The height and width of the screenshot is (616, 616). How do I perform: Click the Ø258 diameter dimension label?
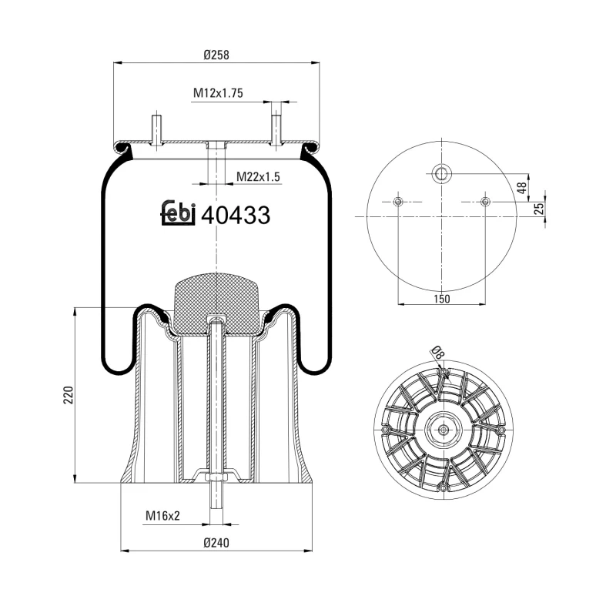tap(217, 55)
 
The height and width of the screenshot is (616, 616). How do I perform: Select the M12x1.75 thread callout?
tap(218, 93)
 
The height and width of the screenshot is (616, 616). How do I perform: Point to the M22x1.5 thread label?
tap(258, 177)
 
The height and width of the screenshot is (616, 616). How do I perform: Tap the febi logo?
tap(178, 213)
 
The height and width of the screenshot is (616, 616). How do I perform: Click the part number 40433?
tap(235, 216)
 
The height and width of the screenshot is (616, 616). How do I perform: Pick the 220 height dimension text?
tap(68, 395)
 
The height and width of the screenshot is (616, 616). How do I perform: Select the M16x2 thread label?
tap(162, 516)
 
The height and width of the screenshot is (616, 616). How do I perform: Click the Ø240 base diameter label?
tap(217, 543)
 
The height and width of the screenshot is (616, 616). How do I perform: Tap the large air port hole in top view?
tap(441, 173)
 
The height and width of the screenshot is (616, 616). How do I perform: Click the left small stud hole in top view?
tap(398, 202)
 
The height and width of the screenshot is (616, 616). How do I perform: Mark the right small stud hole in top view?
tap(484, 202)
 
